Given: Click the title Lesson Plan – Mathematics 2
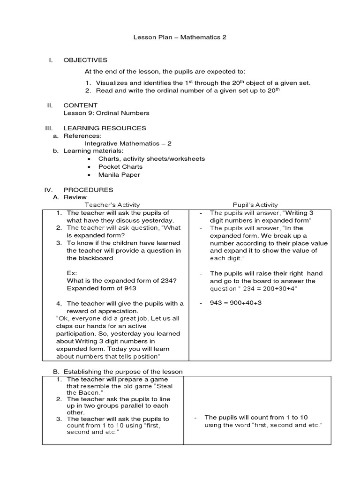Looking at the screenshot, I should click(x=180, y=37).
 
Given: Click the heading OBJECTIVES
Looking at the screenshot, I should click(x=85, y=60).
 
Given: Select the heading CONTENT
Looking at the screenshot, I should click(x=81, y=105).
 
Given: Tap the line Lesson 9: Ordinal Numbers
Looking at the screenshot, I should click(x=106, y=113).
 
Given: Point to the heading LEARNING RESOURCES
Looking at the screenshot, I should click(x=105, y=128).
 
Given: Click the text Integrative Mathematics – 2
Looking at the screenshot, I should click(x=125, y=143).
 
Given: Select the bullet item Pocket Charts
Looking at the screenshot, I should click(x=120, y=166).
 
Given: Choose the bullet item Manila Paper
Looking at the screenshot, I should click(x=119, y=174).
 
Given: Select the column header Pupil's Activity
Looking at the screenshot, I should click(x=255, y=205).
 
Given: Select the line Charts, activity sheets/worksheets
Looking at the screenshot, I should click(x=151, y=159).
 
